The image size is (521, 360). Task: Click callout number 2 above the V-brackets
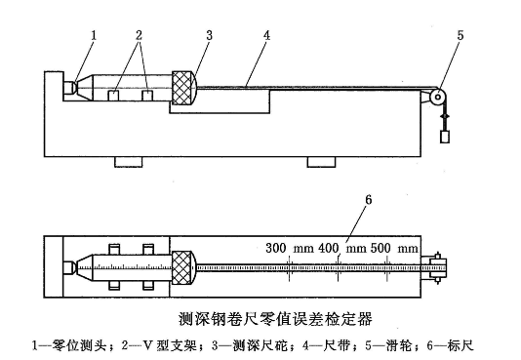click(x=140, y=37)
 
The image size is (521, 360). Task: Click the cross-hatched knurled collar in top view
click(x=183, y=264)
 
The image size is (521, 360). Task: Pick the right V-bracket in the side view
click(x=148, y=98)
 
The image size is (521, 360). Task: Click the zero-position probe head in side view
click(x=71, y=87)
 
